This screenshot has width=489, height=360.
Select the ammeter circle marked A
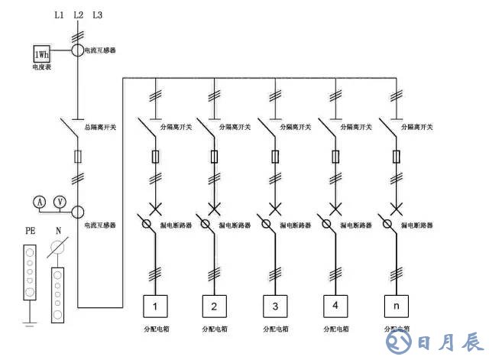[40, 201]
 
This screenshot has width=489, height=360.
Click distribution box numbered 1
[156, 307]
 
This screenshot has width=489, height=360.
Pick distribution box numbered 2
[215, 307]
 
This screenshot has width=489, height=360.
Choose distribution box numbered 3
[275, 307]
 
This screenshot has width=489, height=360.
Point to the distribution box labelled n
[395, 307]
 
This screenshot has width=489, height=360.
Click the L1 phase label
[60, 15]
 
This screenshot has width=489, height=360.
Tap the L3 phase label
[96, 15]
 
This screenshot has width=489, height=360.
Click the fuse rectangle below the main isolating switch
[78, 157]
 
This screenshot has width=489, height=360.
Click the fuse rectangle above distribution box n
[395, 157]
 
